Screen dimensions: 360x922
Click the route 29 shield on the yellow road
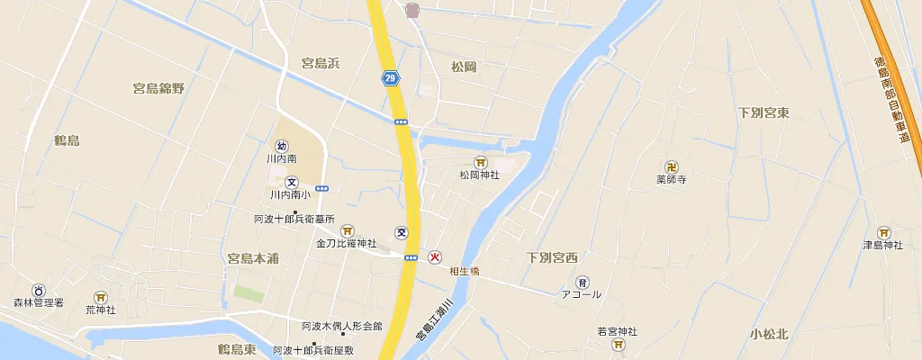(390, 78)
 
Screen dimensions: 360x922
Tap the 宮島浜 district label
(320, 64)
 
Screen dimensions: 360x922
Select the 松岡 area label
(464, 67)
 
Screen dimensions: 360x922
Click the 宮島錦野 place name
(158, 88)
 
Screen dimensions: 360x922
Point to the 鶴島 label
(67, 140)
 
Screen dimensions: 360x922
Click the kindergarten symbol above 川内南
(282, 146)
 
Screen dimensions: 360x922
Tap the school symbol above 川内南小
(291, 182)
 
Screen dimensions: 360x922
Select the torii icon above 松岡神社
(480, 163)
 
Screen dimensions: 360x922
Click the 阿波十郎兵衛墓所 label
(294, 219)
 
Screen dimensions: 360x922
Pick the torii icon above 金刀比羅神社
(347, 230)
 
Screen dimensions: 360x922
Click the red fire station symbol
(435, 256)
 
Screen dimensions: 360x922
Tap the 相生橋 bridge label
(465, 271)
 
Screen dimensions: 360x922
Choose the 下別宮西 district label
(552, 258)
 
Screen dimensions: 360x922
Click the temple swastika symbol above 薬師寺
(672, 166)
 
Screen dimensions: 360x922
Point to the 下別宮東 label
(764, 113)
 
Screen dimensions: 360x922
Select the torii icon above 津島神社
(883, 232)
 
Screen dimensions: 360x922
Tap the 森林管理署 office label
(39, 303)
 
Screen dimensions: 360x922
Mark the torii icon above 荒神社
(101, 297)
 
